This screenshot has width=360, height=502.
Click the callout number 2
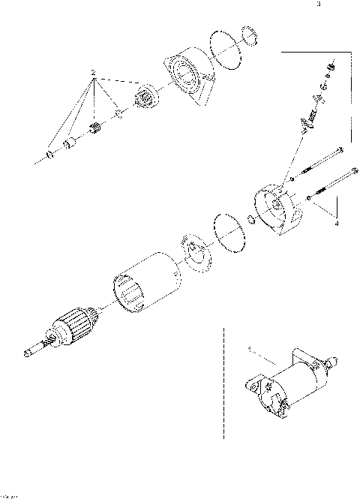pyautogui.click(x=92, y=74)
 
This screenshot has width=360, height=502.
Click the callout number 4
pyautogui.click(x=336, y=223)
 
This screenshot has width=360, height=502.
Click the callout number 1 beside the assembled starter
pyautogui.click(x=250, y=350)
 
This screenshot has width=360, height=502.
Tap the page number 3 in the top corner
pyautogui.click(x=318, y=5)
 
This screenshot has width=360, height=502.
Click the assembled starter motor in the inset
pyautogui.click(x=289, y=379)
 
